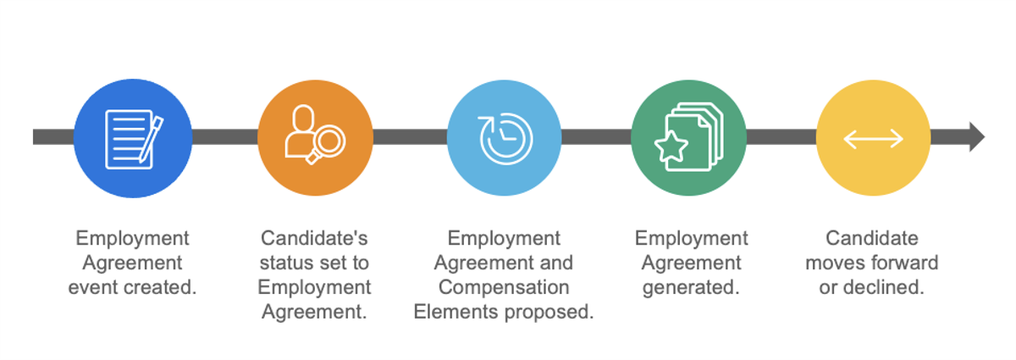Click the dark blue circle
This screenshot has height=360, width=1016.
133,138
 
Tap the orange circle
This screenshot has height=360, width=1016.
315,138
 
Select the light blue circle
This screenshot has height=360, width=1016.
504,138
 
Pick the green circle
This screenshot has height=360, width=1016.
688,138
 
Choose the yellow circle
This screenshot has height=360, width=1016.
873,138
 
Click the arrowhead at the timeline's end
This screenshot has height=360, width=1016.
977,136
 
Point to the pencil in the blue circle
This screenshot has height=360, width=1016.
151,140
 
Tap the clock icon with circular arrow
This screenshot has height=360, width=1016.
505,138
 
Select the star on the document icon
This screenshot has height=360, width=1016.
671,147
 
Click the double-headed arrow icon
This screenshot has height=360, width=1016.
873,138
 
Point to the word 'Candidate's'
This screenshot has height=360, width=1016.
314,238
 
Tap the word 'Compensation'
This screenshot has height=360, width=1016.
504,287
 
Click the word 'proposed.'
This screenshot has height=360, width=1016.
549,312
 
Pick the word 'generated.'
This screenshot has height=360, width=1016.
691,288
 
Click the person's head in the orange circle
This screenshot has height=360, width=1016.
303,118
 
